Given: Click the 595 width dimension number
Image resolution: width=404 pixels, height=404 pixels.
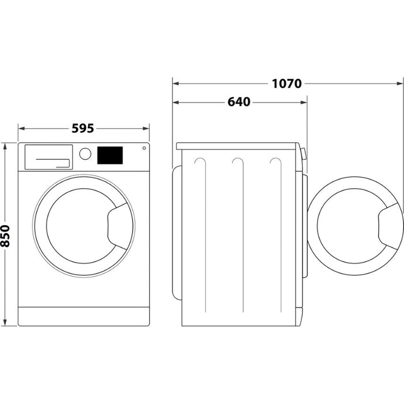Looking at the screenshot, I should tap(83, 128).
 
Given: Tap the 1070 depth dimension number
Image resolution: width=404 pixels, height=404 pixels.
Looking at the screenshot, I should tap(286, 84).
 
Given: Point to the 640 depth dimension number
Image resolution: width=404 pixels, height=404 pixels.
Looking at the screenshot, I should tap(239, 102).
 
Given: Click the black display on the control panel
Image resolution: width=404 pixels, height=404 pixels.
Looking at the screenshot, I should tap(110, 155).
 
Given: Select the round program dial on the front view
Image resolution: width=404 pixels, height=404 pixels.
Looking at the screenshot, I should tap(85, 154).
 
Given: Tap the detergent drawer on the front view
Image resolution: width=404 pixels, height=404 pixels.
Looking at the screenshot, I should tap(49, 157).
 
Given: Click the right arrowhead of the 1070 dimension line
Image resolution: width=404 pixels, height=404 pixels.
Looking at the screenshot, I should tap(400, 84).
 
